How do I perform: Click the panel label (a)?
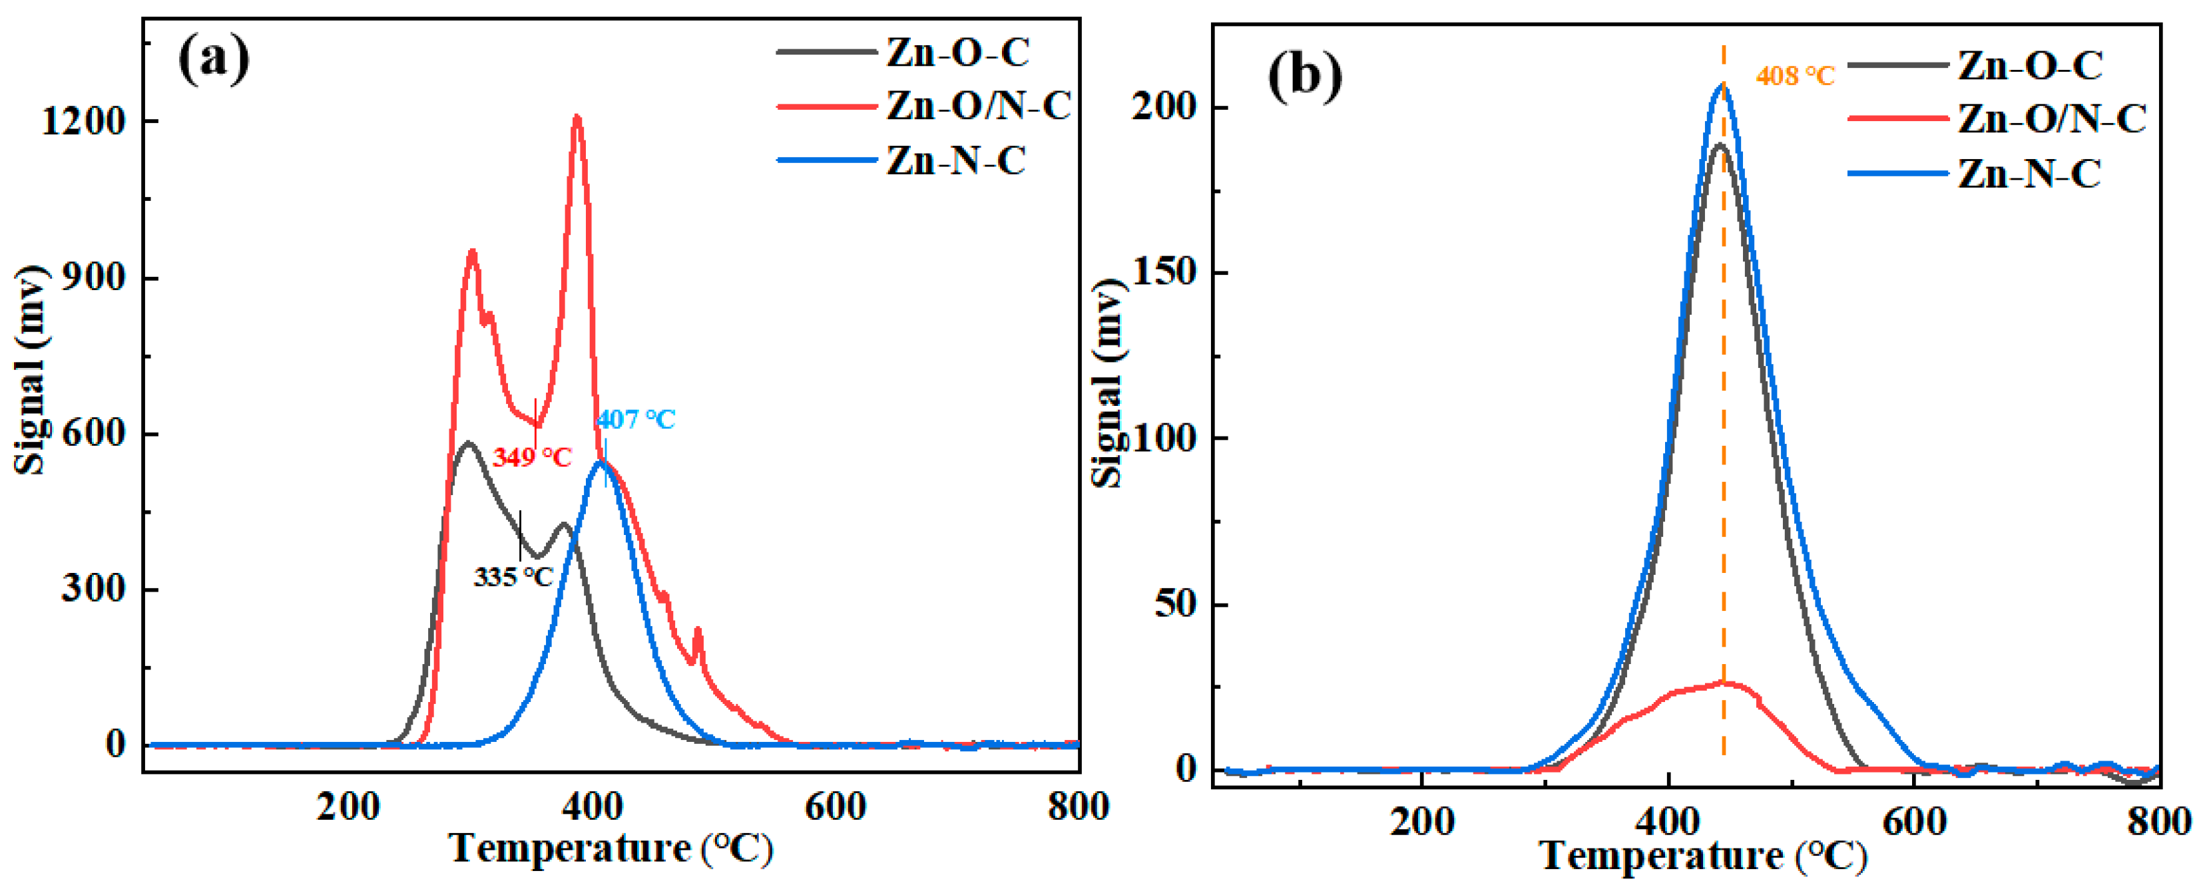tap(214, 60)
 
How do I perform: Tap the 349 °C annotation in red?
tap(531, 458)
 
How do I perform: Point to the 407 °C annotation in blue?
tap(636, 419)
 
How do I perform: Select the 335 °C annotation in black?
tap(513, 578)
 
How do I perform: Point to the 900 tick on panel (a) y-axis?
tap(93, 278)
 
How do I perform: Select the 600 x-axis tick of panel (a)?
tap(835, 806)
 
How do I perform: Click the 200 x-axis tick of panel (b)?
tap(1421, 822)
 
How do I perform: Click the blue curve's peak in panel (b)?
tap(1722, 85)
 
